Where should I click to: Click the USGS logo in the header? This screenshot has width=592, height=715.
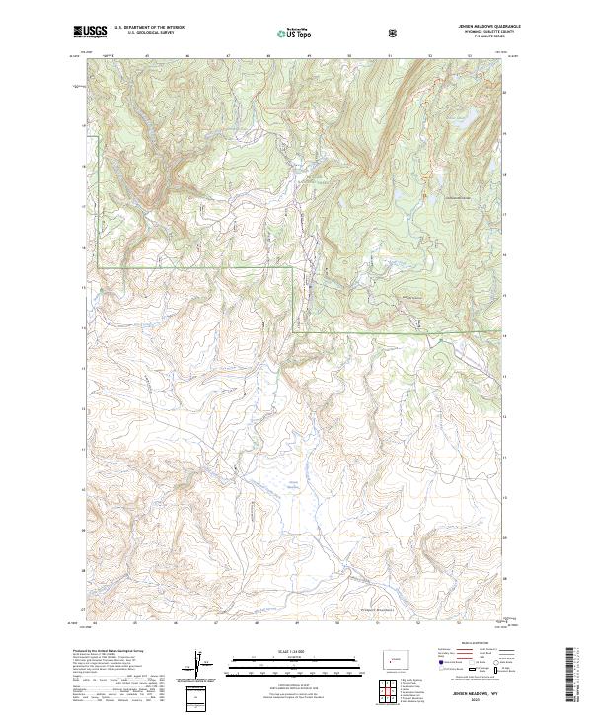[90, 32]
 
